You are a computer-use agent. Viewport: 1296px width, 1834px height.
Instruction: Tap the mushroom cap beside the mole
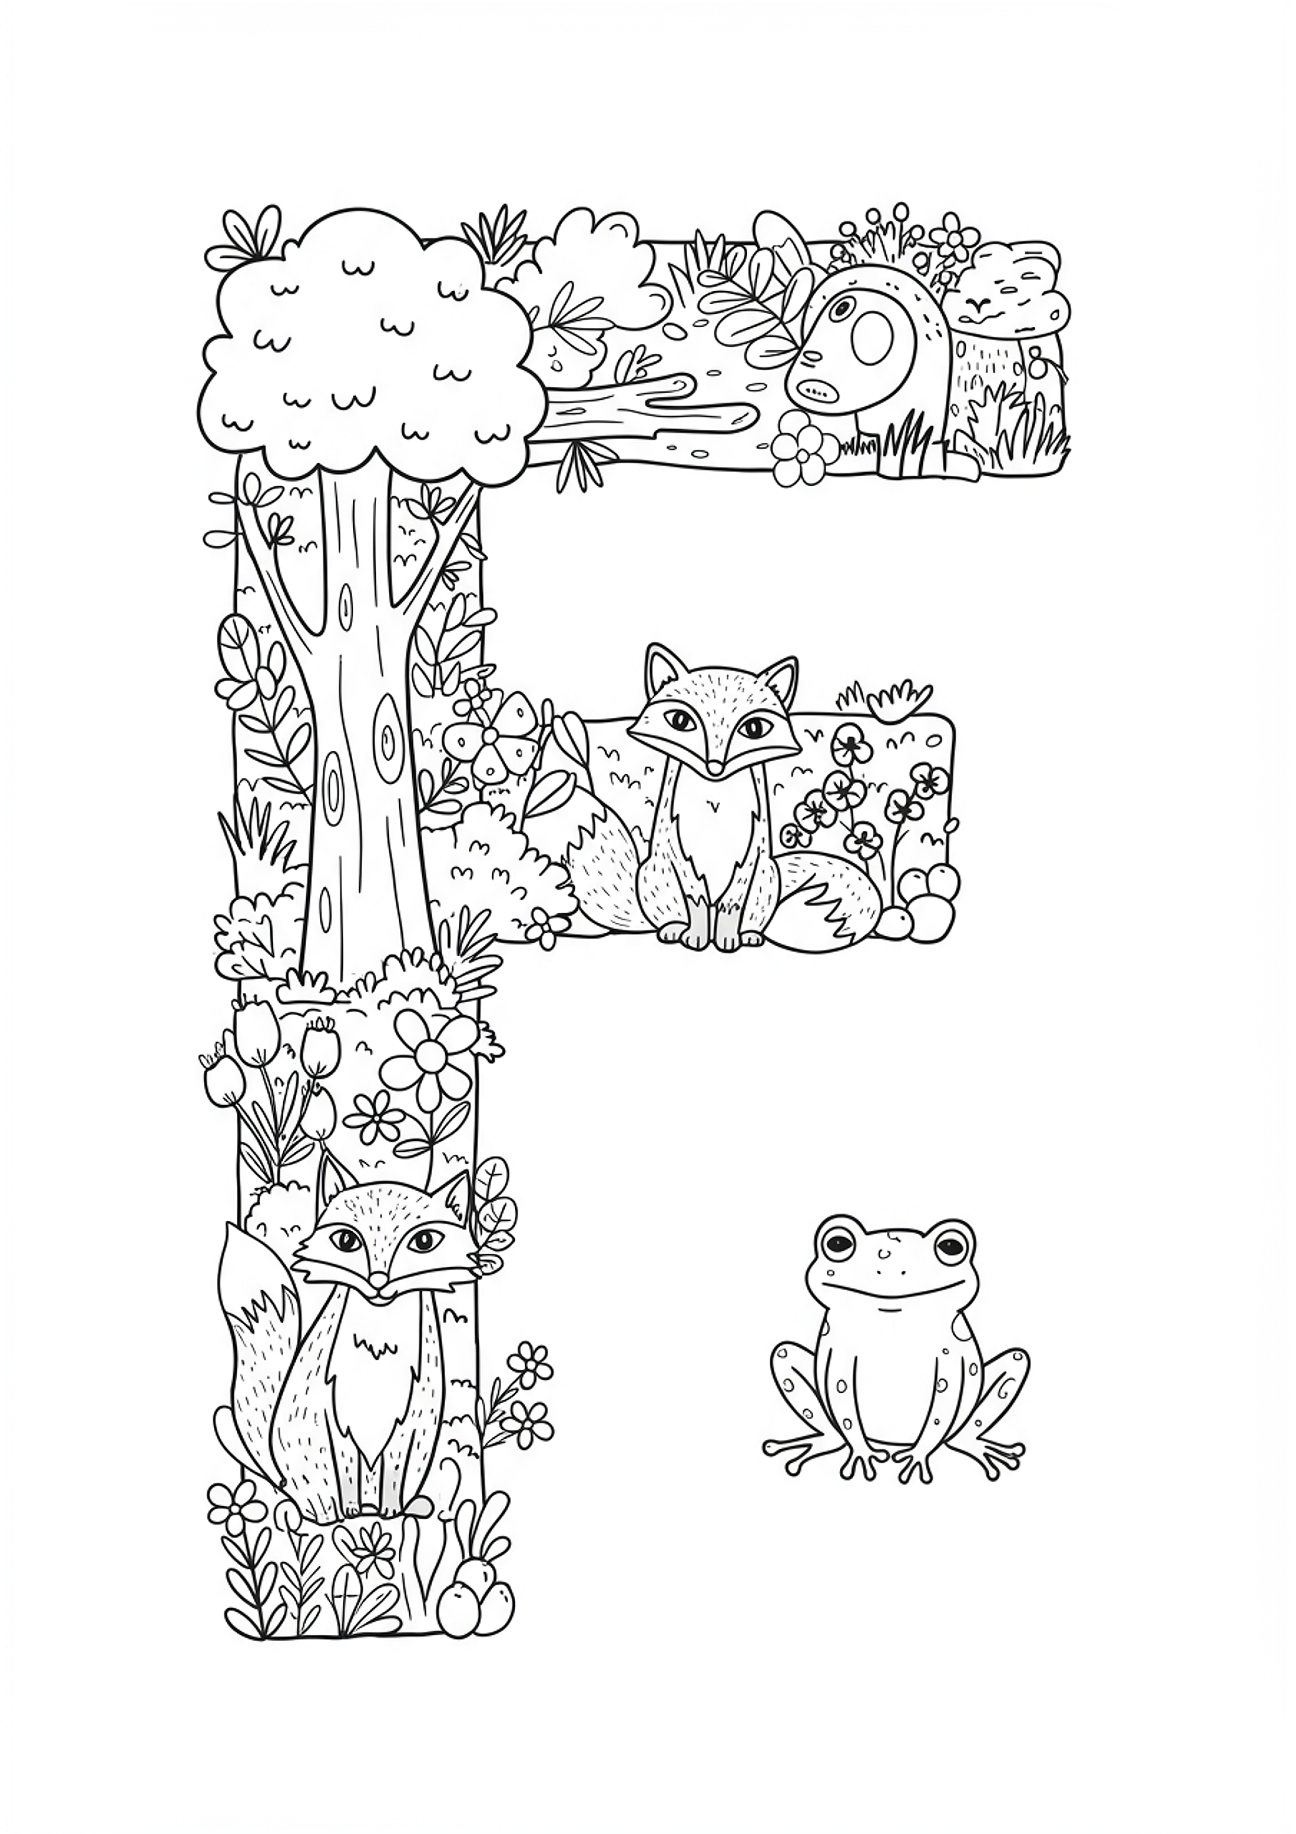1014,287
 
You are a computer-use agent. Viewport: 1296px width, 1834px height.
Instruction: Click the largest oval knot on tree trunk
390,735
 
